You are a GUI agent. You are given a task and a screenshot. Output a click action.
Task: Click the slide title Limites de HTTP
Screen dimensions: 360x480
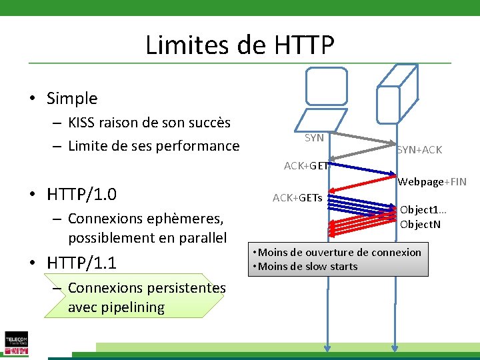(239, 45)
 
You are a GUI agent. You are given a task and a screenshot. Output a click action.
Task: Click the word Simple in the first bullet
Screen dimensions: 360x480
(72, 99)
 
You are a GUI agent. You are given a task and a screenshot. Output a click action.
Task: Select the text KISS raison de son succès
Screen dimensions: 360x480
(149, 123)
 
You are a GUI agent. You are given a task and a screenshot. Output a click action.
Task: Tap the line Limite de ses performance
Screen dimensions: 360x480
(153, 145)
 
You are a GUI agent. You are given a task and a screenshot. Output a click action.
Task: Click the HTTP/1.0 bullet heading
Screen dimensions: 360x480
(82, 195)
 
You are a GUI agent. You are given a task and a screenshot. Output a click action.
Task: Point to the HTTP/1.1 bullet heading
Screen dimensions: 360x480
(82, 263)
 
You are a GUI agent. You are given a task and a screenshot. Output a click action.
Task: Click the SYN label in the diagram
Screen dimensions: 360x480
(314, 138)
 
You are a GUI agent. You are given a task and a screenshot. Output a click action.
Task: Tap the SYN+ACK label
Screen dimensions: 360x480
(419, 150)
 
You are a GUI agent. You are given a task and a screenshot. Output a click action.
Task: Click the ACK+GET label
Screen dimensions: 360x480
(305, 166)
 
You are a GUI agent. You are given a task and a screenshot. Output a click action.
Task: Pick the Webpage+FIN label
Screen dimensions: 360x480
(432, 182)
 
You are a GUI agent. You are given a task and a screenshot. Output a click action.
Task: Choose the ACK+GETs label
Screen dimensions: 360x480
(297, 198)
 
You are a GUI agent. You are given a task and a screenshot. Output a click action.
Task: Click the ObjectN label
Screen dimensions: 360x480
(420, 224)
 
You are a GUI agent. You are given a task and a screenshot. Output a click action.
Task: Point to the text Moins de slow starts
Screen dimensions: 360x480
(307, 267)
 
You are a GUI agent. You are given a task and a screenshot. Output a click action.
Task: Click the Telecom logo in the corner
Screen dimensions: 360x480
(15, 343)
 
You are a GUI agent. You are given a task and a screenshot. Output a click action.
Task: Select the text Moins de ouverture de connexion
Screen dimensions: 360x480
(339, 252)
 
